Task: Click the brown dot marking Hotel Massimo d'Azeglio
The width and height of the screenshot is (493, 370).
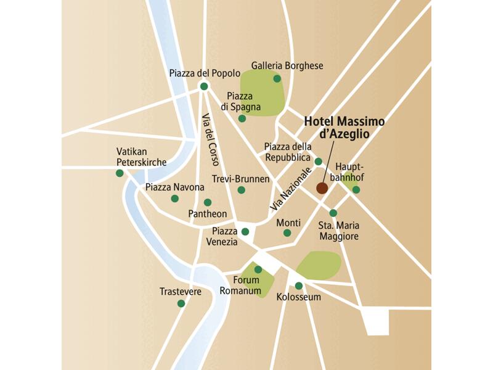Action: (x=322, y=188)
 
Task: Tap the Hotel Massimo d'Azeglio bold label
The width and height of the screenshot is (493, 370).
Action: (x=344, y=128)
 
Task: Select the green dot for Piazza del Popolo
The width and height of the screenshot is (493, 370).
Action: (x=205, y=87)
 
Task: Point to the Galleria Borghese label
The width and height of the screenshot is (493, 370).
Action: (x=287, y=66)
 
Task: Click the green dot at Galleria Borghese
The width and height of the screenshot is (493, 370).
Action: (x=277, y=78)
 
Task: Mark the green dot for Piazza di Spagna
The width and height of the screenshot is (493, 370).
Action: (x=242, y=118)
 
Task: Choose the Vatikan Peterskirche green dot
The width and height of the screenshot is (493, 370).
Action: (x=120, y=173)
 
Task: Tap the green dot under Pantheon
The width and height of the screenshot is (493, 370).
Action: (x=208, y=202)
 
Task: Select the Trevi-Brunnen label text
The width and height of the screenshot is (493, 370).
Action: (x=240, y=179)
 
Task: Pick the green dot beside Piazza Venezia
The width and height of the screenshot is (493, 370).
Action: (x=245, y=232)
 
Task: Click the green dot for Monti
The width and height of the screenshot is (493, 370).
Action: (x=287, y=233)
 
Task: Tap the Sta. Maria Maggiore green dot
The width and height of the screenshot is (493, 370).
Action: (x=333, y=213)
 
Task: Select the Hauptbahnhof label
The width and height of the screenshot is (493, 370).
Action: (x=351, y=172)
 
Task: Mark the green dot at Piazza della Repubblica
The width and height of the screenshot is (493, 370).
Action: (x=318, y=162)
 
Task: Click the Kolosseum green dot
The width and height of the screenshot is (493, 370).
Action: (x=299, y=286)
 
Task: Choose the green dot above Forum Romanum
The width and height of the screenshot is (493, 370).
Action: (x=258, y=269)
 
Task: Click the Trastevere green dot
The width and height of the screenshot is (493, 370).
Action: (x=181, y=303)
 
